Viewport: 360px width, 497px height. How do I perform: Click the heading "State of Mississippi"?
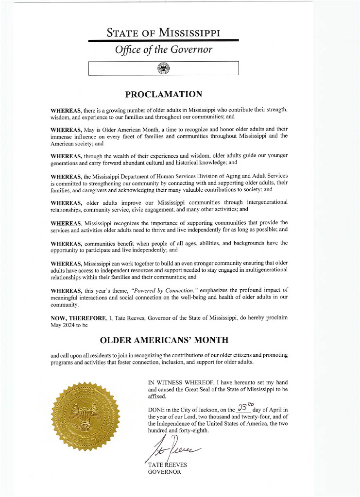[163, 33]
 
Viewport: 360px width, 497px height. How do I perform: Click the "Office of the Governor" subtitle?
[163, 50]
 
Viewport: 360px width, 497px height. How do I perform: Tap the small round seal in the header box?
[163, 68]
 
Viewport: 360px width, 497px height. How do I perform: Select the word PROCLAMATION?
[163, 94]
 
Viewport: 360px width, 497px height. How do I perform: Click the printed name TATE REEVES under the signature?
[168, 465]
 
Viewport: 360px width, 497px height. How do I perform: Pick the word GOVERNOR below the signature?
[164, 472]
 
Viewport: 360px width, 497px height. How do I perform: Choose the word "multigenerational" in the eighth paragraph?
[260, 269]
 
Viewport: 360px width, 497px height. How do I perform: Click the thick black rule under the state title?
[163, 41]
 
